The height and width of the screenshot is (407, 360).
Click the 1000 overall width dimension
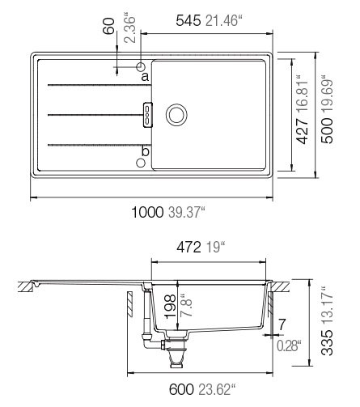147,212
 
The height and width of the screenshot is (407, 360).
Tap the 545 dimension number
188,21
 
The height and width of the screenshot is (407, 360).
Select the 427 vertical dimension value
302,131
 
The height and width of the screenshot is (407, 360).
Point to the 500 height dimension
327,130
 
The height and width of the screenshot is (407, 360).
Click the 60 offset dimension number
109,26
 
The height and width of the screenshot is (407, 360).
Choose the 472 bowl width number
188,247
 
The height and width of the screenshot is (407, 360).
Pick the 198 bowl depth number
170,307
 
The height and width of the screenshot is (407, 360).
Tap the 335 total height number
328,342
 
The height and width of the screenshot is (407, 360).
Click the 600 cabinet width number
181,389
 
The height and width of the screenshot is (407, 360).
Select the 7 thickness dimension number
282,324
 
